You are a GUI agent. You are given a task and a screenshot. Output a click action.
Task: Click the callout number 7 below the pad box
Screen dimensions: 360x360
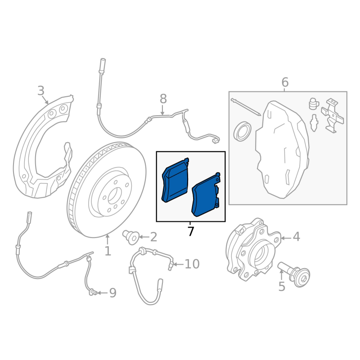coord(190,231)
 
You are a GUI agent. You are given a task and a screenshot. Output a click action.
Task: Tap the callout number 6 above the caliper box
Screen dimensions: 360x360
coord(285,82)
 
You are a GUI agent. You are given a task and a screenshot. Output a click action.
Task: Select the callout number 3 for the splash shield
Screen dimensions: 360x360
coord(41,91)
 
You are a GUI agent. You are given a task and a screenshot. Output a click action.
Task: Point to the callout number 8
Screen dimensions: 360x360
coord(163,99)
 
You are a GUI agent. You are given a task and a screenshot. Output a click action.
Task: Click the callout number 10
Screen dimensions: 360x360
coord(192,264)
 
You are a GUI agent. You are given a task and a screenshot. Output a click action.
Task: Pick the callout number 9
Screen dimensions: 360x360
coord(113,293)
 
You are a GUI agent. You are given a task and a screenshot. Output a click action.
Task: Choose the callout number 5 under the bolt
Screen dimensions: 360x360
coord(282,287)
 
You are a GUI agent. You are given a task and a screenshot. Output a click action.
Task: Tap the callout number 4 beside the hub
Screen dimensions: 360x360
coord(297,237)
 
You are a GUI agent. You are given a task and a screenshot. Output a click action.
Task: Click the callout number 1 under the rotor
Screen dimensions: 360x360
coord(108,251)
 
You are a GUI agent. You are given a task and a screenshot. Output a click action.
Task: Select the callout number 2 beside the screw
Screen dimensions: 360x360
coord(153,237)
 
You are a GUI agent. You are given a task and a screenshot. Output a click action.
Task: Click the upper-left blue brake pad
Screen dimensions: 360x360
coord(175,180)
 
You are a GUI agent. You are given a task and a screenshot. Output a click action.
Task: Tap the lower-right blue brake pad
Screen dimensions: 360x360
coord(206,195)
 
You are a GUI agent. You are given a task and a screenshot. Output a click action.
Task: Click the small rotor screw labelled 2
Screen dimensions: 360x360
coord(130,237)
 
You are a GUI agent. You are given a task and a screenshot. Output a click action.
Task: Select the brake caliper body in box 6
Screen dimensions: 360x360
coord(283,149)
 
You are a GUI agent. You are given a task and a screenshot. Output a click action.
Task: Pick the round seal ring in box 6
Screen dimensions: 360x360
coord(242,131)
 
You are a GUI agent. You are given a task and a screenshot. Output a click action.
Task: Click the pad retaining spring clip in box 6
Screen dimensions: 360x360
coord(332,116)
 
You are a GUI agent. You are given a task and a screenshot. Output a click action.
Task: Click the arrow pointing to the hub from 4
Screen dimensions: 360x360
coord(286,238)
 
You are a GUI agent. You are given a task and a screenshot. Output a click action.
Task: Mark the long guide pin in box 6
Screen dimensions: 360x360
coord(246,107)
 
